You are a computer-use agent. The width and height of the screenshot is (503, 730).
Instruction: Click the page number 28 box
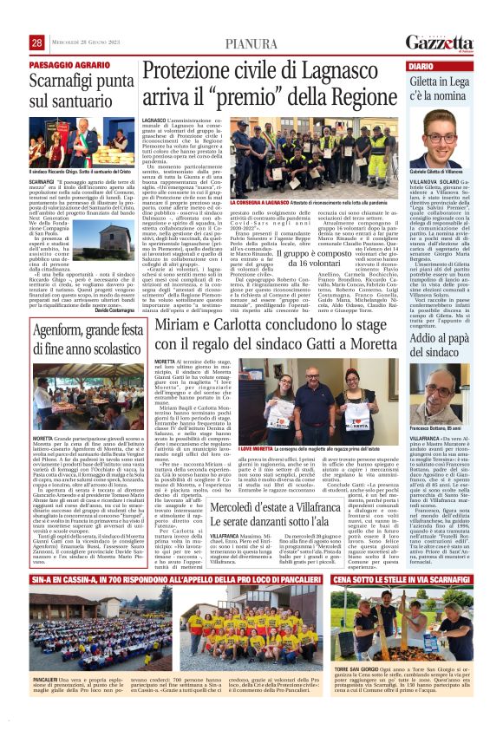[36, 42]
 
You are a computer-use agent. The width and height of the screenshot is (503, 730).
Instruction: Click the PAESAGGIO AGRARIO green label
[63, 64]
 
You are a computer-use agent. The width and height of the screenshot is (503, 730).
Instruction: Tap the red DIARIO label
[421, 66]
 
